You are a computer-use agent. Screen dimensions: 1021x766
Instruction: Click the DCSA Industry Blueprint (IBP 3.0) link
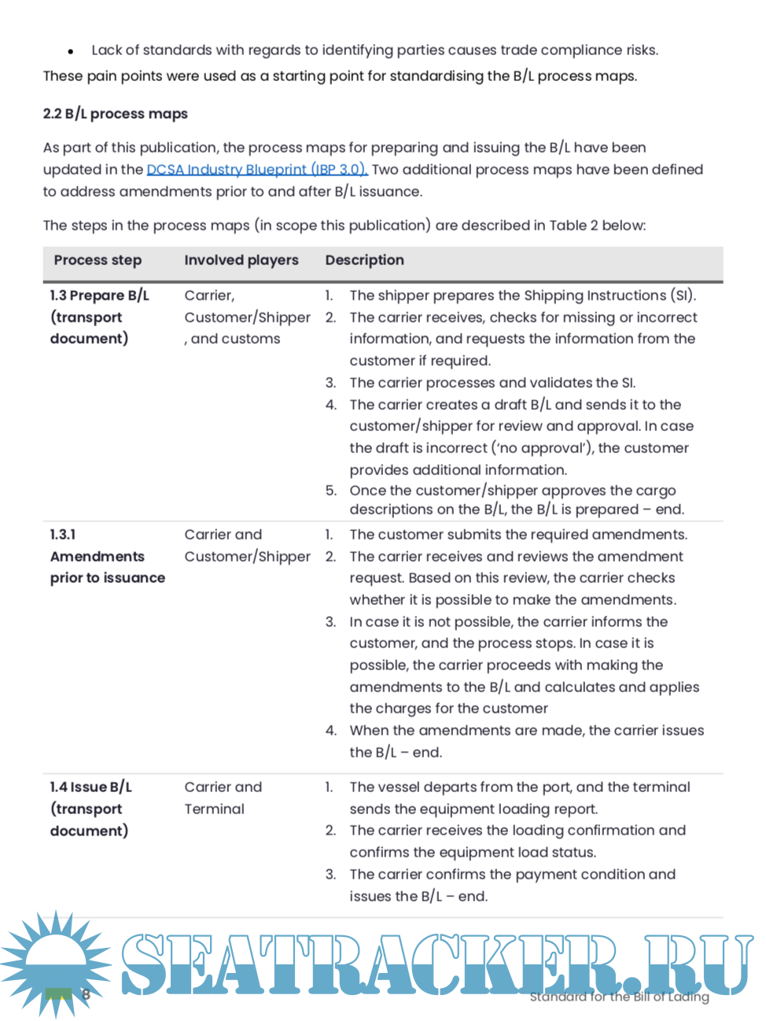click(256, 170)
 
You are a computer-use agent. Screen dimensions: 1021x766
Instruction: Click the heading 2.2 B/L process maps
click(115, 114)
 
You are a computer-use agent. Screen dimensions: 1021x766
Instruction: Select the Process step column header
click(98, 260)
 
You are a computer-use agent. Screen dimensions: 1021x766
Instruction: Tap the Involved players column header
click(241, 260)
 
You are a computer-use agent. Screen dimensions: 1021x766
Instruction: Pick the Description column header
click(364, 260)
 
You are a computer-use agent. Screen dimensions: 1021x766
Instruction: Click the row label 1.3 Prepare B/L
click(99, 296)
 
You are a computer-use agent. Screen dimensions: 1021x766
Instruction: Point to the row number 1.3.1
click(63, 535)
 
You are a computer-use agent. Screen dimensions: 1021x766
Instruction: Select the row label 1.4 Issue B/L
click(90, 787)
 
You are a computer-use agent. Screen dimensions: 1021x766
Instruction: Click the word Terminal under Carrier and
click(214, 809)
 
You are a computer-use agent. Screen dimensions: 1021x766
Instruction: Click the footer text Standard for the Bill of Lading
click(619, 997)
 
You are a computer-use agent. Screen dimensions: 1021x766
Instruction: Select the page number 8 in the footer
click(86, 994)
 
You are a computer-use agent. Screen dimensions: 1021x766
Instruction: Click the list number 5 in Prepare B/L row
click(331, 491)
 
